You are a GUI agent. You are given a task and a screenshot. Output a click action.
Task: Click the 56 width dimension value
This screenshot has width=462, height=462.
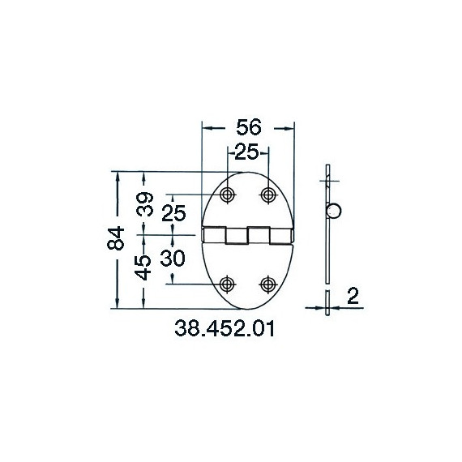tap(249, 127)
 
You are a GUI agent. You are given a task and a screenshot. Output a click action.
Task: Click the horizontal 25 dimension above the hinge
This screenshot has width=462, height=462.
tap(247, 152)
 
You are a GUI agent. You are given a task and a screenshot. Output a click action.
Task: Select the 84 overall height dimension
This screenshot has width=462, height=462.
tap(115, 238)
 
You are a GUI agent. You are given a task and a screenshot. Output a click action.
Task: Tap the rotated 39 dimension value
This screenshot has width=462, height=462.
tap(144, 204)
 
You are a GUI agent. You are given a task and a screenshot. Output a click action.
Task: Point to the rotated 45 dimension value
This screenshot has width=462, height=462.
tap(143, 267)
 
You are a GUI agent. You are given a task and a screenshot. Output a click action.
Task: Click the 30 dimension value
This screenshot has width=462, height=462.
tap(173, 258)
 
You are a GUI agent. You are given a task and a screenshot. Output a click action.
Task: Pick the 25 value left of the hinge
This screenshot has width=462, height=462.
tap(173, 213)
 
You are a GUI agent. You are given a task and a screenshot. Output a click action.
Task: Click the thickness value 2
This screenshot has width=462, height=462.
tap(353, 296)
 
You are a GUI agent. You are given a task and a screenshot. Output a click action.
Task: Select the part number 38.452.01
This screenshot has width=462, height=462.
tap(225, 328)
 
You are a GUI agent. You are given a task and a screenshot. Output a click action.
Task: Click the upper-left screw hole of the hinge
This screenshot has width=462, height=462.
tap(227, 195)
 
